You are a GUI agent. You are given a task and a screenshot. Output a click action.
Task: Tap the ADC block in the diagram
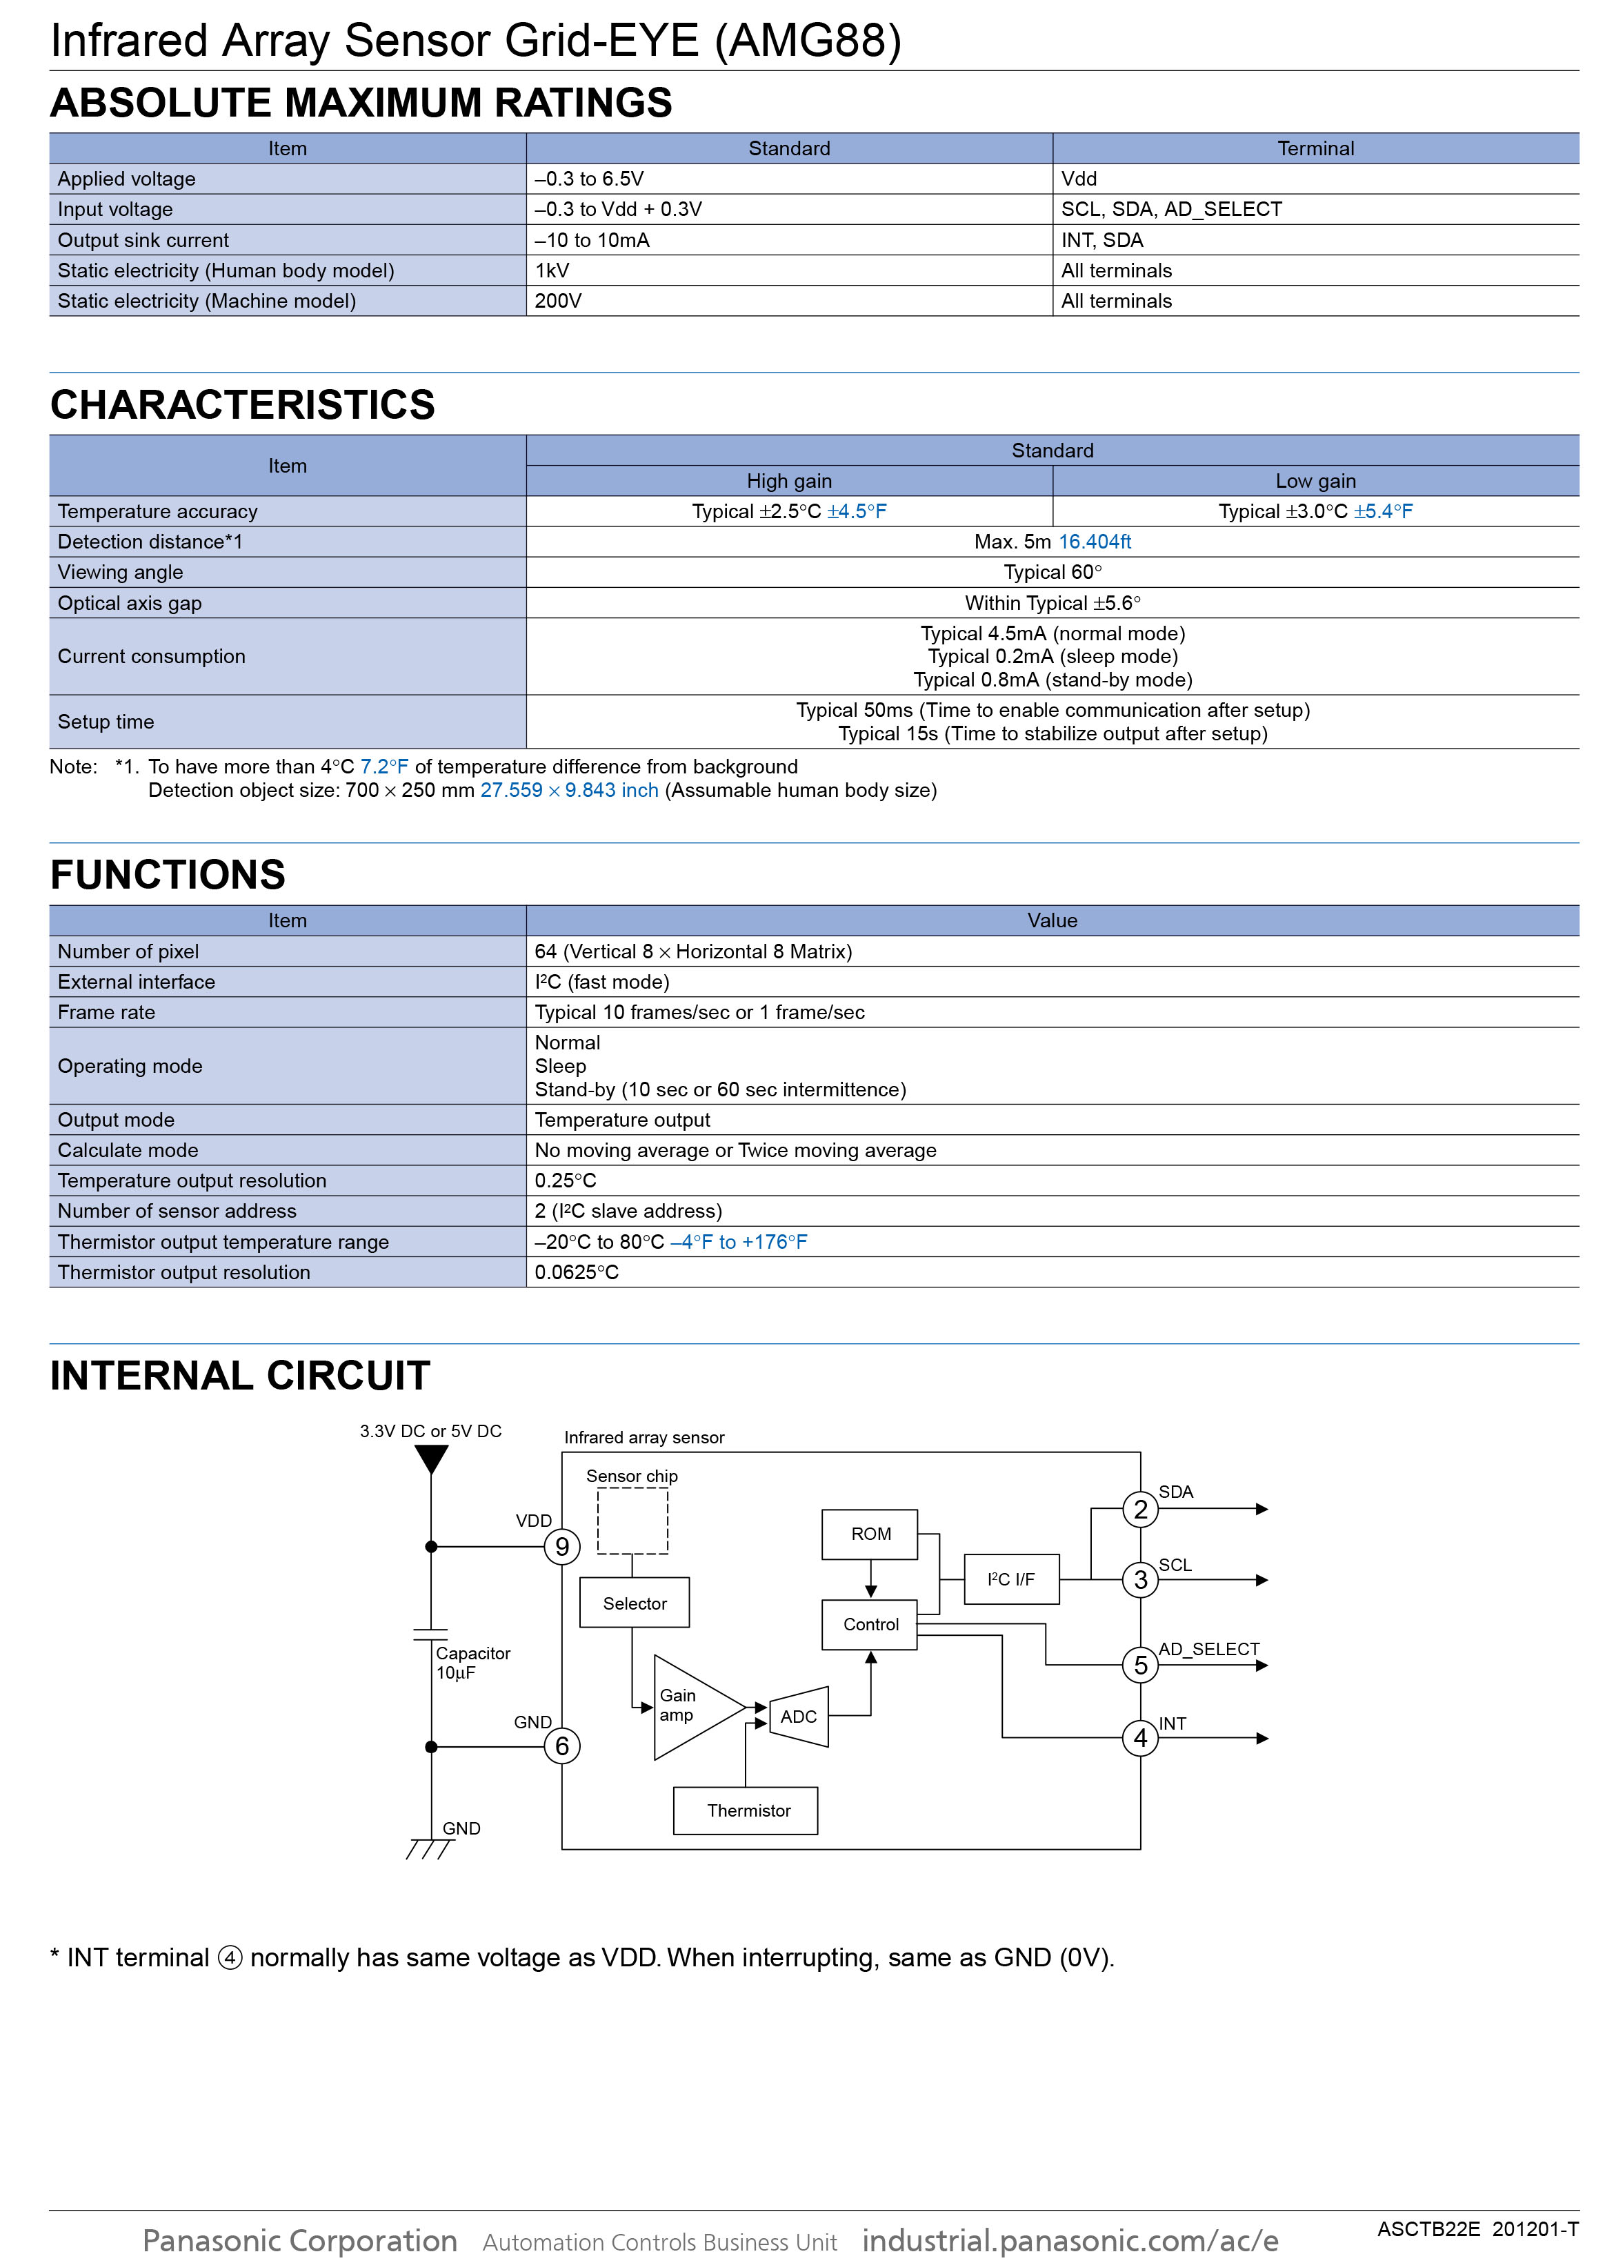tap(798, 1716)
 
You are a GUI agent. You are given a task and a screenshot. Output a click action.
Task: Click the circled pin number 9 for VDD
tap(562, 1546)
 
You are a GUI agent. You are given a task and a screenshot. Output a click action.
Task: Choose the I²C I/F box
tap(1011, 1579)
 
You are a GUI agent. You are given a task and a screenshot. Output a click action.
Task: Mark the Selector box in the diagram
tap(634, 1603)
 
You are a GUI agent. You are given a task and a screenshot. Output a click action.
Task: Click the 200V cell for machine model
tap(557, 301)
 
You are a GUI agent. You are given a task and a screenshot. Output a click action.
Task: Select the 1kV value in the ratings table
tap(552, 270)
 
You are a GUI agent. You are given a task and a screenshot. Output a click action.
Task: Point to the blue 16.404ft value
tap(1094, 542)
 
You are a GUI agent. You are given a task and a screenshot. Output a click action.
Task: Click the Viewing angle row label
tap(121, 572)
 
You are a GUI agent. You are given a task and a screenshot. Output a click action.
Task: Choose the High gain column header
tap(789, 481)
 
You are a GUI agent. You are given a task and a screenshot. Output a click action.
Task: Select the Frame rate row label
tap(106, 1012)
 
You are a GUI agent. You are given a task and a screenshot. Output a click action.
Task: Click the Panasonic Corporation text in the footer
tap(299, 2240)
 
